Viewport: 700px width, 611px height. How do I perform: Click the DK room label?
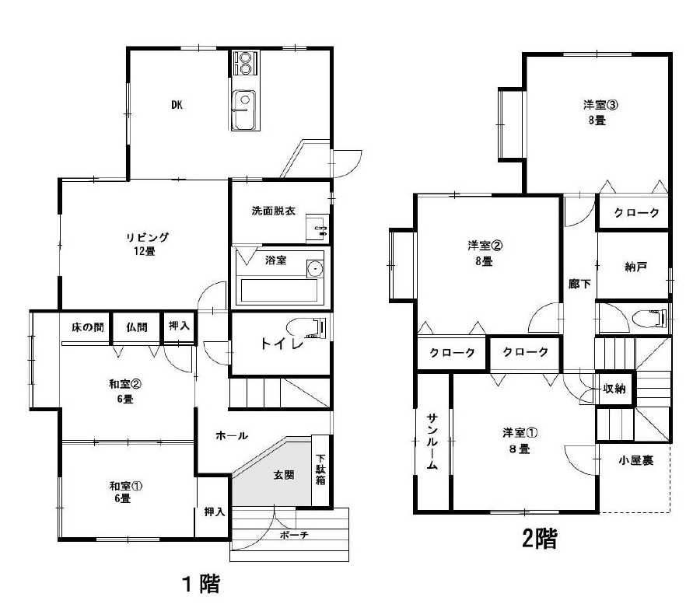tap(177, 105)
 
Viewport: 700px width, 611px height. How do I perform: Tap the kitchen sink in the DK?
tap(244, 110)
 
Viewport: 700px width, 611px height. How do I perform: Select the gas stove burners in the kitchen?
tap(245, 64)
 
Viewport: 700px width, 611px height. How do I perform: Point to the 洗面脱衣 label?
tap(273, 211)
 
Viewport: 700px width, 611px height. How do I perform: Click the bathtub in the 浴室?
tap(279, 291)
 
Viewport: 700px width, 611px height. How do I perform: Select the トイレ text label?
tap(282, 344)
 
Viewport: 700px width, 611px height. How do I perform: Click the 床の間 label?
tap(87, 327)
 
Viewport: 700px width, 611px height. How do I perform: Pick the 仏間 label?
tap(137, 327)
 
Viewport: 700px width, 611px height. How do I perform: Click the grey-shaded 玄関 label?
tap(284, 475)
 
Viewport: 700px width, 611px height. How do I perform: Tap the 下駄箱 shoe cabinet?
tap(320, 470)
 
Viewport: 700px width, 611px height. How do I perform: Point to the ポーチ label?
tap(294, 535)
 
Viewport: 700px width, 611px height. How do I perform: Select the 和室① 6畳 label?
tap(121, 492)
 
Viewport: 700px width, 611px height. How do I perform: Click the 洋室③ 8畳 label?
tap(600, 113)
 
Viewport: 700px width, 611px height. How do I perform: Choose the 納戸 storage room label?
tap(635, 267)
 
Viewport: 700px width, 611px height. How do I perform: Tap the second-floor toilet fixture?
tap(650, 318)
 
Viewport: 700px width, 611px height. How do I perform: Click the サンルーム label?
tap(432, 442)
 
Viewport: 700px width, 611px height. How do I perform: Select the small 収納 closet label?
tap(614, 389)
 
